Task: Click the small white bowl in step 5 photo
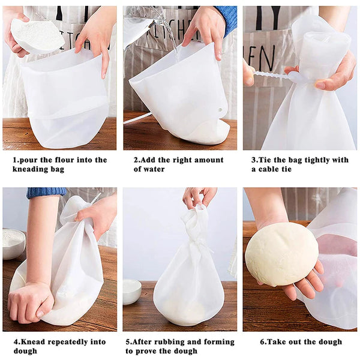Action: [x=132, y=291]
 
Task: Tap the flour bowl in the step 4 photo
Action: [x=13, y=243]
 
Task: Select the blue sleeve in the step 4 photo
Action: [x=46, y=192]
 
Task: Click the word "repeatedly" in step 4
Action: [x=72, y=342]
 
